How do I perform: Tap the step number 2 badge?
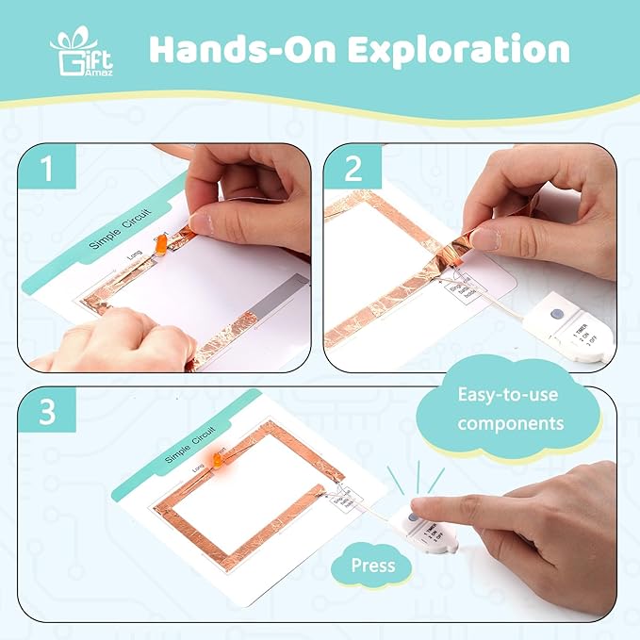[353, 170]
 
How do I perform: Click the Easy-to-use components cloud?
[509, 409]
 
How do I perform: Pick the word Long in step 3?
[199, 468]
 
